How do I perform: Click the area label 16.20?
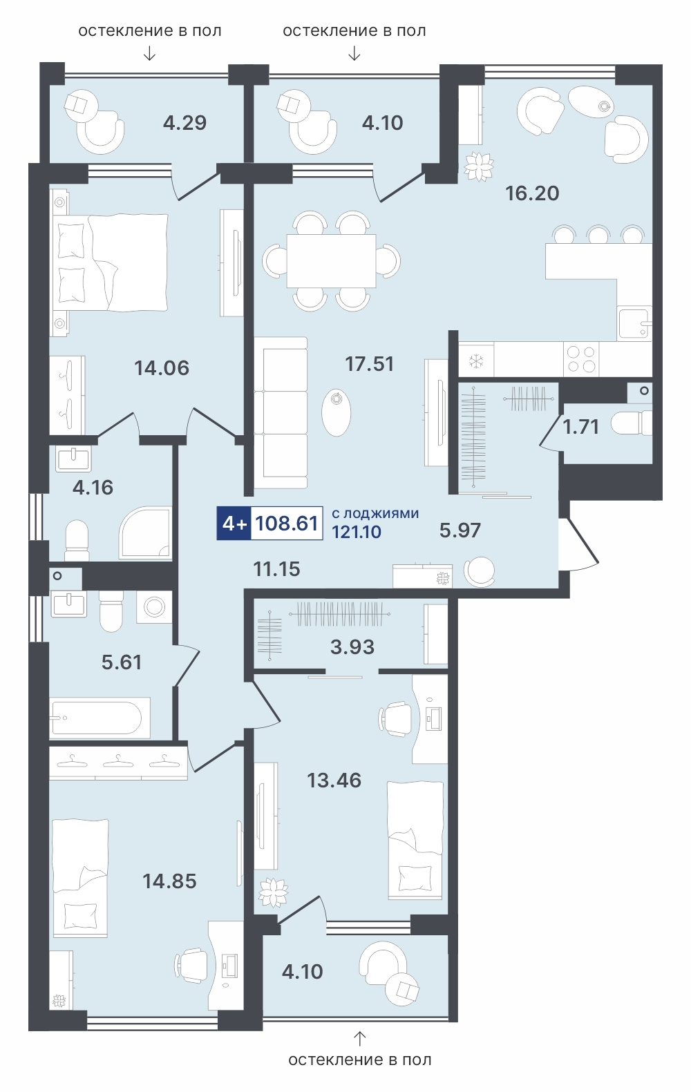[532, 193]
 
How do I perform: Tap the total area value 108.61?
[287, 523]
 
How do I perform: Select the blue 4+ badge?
[234, 523]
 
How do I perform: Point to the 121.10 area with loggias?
[357, 532]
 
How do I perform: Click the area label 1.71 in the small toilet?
[580, 427]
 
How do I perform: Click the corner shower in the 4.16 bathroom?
[145, 533]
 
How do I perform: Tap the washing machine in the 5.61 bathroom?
[154, 607]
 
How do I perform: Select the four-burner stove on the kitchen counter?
[581, 359]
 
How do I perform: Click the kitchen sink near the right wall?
[634, 324]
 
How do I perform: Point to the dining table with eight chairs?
[331, 261]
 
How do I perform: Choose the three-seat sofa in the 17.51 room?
[281, 412]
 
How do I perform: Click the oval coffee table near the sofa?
[337, 412]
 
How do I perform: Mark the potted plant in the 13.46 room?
[273, 892]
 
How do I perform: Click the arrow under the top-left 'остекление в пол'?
[150, 53]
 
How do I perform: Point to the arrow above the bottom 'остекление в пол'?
[360, 1039]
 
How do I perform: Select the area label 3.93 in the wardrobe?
[352, 647]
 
